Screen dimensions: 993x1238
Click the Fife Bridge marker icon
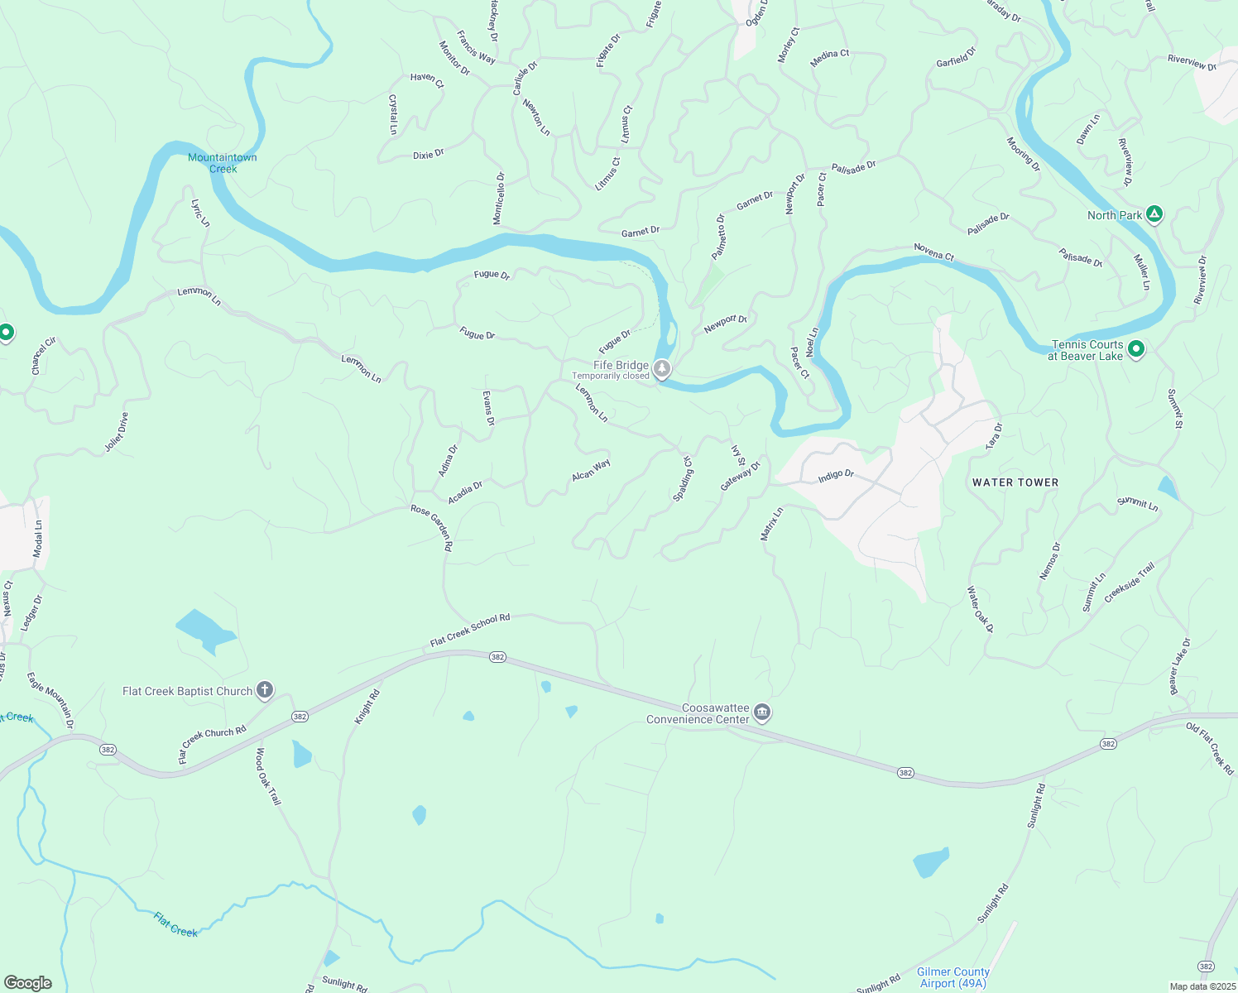coord(662,368)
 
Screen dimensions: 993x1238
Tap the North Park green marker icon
coord(1154,215)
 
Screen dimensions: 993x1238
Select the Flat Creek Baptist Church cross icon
coord(265,690)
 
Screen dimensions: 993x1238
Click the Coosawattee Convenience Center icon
coord(762,712)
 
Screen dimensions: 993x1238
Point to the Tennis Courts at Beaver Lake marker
coord(1136,350)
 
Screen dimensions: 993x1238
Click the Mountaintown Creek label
coord(223,163)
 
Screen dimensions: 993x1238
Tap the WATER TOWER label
coord(1015,482)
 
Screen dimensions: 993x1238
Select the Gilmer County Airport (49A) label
coord(953,977)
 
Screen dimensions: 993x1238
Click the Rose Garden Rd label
coord(432,528)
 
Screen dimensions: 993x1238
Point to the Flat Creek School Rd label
coord(470,631)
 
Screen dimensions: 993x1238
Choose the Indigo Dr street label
coord(836,476)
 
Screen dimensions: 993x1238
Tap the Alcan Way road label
coord(591,470)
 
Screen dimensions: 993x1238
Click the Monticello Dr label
coord(499,198)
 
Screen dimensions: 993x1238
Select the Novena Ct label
coord(934,252)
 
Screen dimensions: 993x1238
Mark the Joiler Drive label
coord(117,432)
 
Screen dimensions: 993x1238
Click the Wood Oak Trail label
coord(268,776)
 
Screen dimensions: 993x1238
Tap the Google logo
coord(28,983)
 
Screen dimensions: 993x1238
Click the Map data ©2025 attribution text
coord(1202,986)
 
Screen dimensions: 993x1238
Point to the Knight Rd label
coord(367,707)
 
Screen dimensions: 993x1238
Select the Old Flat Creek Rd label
coord(1210,749)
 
